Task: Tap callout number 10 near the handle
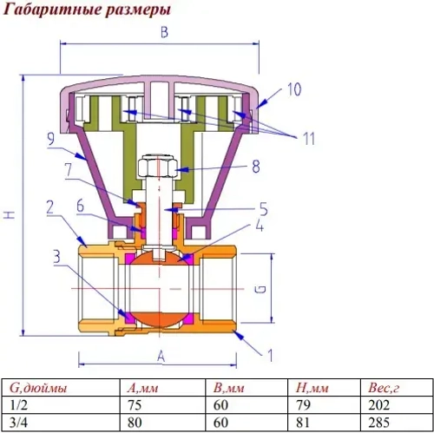pos(294,89)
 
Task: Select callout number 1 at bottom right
pos(269,354)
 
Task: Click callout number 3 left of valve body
pos(55,256)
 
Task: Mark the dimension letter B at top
pos(163,33)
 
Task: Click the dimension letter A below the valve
pos(161,355)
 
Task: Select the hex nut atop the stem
pos(161,165)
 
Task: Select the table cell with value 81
pos(303,421)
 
